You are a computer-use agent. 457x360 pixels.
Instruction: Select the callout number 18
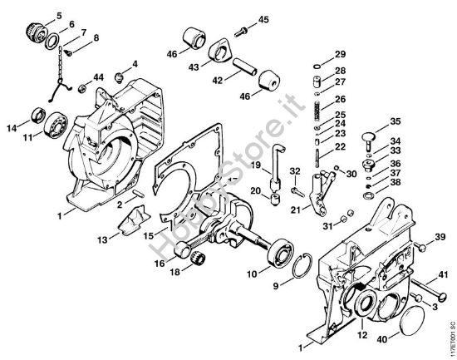(176, 270)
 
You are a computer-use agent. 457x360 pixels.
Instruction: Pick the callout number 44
(99, 76)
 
